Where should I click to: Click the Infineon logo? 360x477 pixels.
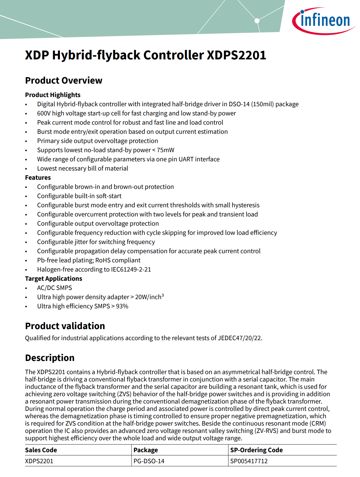point(324,21)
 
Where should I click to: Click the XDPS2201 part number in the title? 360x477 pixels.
point(236,55)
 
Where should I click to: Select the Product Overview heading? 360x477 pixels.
point(64,80)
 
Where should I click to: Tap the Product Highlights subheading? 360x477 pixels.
point(53,95)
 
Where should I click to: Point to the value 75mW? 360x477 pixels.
point(165,150)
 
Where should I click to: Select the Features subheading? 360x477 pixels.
point(38,178)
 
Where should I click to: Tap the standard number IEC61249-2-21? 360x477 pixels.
point(131,269)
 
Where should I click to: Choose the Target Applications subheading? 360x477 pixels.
point(54,279)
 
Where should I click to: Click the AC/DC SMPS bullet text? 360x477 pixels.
point(54,288)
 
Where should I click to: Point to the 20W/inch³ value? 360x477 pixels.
point(149,297)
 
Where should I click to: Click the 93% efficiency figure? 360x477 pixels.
point(122,306)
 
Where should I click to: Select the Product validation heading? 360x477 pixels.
point(65,326)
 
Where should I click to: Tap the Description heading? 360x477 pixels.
point(50,358)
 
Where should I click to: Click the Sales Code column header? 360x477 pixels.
point(41,450)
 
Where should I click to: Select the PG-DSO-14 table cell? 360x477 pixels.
point(149,461)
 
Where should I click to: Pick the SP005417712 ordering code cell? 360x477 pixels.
point(249,461)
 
